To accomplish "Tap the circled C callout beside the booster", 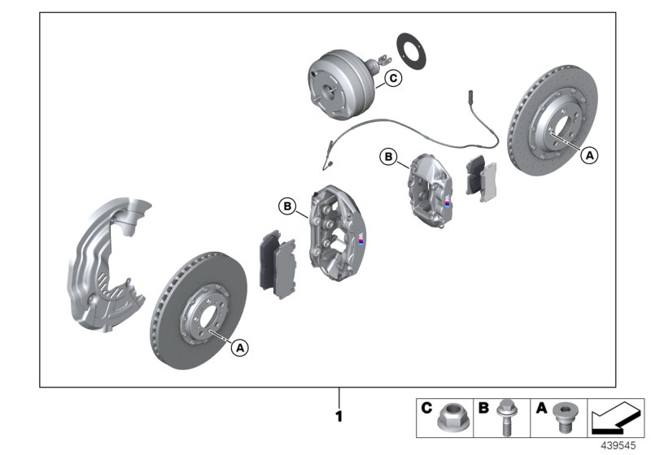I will tap(392, 78).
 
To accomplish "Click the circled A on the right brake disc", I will tap(589, 153).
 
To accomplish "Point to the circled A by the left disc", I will tap(238, 347).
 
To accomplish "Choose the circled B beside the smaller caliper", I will tap(389, 156).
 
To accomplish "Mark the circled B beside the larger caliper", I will tap(287, 206).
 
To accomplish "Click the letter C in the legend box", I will tap(426, 409).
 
